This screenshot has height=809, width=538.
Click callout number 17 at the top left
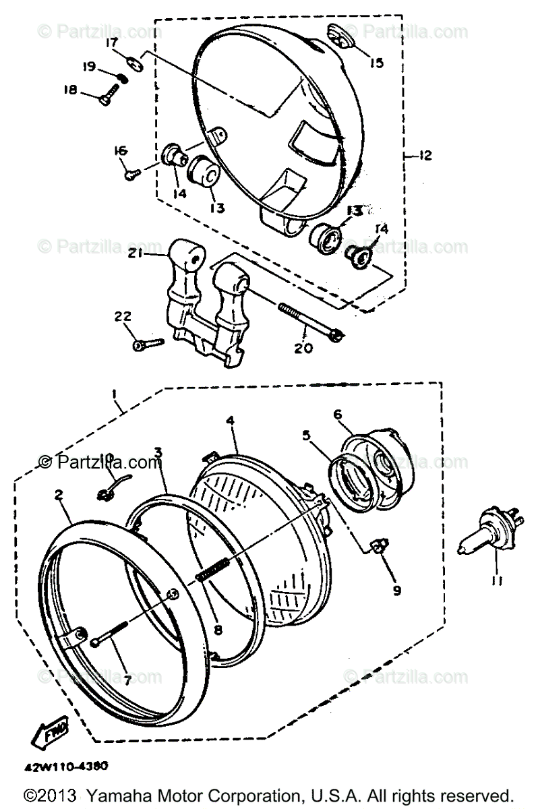[112, 44]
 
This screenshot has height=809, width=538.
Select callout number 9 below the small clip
[396, 590]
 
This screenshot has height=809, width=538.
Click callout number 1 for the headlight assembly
[115, 392]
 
